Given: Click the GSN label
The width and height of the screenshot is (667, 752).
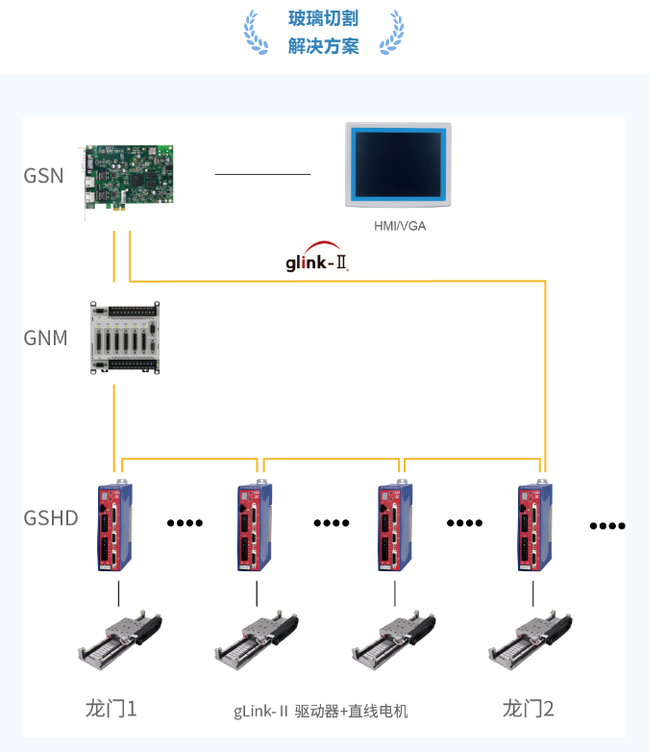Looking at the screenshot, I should click(x=44, y=175).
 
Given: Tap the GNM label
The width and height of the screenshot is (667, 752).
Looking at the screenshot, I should click(x=45, y=338).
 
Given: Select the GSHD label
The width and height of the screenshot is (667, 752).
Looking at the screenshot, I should click(x=51, y=518).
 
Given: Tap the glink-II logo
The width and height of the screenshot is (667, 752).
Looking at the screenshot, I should click(x=316, y=261).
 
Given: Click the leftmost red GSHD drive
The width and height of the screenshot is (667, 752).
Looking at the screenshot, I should click(x=116, y=526).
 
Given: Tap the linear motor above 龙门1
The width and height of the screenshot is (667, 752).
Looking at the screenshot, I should click(x=118, y=642).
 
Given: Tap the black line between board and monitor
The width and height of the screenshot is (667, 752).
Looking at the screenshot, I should click(x=262, y=174).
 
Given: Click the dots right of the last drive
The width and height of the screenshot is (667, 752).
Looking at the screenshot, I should click(x=607, y=525).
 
